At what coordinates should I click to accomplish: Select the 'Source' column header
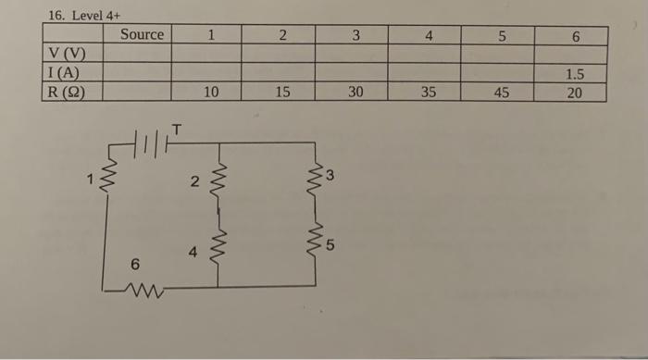tap(142, 35)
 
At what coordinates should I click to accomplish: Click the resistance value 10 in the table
tap(211, 92)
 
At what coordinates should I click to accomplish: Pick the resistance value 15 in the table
tap(283, 92)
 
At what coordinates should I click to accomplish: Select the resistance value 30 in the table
tap(355, 92)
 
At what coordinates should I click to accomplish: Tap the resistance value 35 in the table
tap(428, 92)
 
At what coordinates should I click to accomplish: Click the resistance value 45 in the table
tap(501, 92)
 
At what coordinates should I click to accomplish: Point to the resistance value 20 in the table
tap(574, 92)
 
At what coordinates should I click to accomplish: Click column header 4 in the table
tap(428, 36)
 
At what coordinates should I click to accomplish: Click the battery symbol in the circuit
tap(148, 144)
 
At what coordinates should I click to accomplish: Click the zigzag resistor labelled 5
tap(317, 242)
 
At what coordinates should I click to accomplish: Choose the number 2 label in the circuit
tap(193, 182)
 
